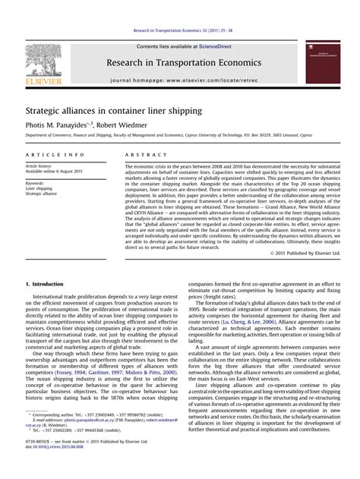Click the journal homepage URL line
coord(184,79)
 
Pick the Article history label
coord(42,165)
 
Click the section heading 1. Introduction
coord(49,282)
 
